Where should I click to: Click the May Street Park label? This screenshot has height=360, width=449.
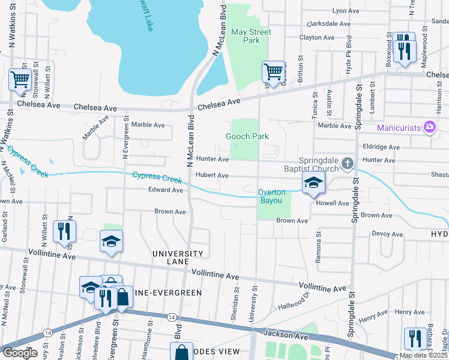click(x=251, y=36)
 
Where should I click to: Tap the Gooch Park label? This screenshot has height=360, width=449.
click(x=247, y=137)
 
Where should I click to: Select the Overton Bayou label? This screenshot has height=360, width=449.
click(x=275, y=196)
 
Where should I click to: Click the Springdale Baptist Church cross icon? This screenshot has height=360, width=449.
click(x=347, y=163)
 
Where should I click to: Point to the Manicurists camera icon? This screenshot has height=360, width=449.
click(x=429, y=127)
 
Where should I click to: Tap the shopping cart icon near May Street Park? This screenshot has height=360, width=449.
click(x=273, y=73)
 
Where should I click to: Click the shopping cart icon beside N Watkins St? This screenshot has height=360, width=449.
click(x=20, y=79)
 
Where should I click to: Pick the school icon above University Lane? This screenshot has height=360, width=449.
click(x=111, y=242)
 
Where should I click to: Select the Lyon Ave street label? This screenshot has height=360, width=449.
click(x=345, y=11)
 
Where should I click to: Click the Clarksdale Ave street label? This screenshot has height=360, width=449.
click(x=328, y=24)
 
